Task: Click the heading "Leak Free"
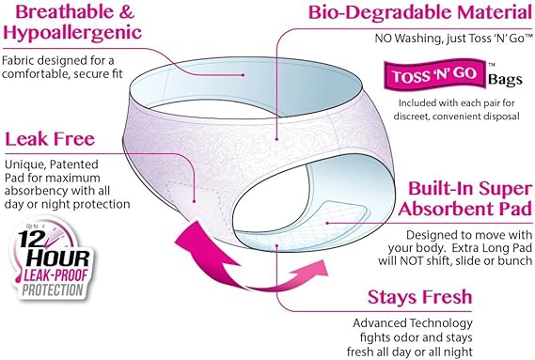[50, 139]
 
